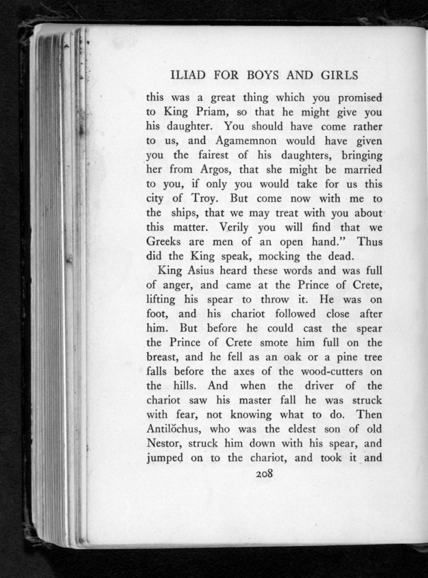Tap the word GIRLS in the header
(337, 76)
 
